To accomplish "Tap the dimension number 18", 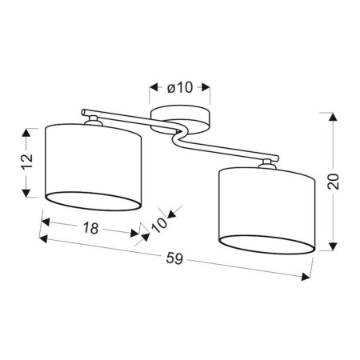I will (90, 227).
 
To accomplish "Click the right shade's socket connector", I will (266, 165).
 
